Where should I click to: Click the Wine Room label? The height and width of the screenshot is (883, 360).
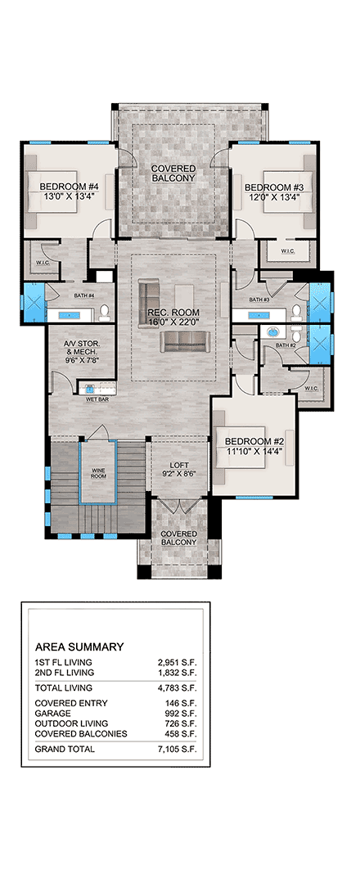(97, 473)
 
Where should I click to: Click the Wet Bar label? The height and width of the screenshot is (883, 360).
(97, 399)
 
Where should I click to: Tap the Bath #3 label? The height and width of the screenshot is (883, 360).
(260, 300)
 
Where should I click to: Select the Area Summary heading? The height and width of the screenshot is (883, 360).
(79, 646)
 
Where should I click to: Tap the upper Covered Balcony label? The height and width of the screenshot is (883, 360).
(173, 173)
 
